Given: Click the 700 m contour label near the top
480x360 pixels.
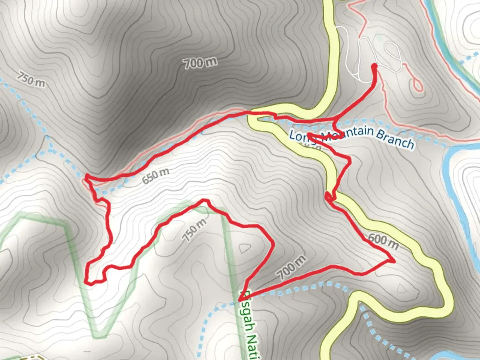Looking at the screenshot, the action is [x=200, y=62].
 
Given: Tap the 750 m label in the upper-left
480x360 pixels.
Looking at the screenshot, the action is [x=31, y=79].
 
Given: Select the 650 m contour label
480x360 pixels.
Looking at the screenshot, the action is [x=155, y=176].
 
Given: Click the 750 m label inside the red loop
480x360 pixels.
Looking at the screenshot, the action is [x=194, y=230].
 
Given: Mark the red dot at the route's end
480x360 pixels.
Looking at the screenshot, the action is [x=374, y=66].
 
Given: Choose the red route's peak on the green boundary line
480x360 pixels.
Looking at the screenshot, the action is [x=205, y=201].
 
